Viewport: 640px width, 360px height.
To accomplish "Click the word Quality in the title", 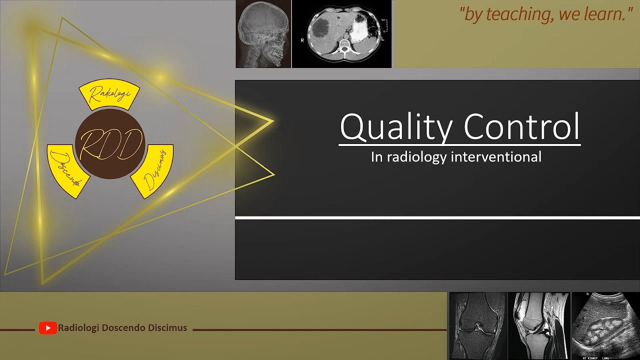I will point(394,127).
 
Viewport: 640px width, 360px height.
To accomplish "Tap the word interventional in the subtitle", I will point(496,157).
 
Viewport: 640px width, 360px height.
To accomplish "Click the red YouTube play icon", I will point(47,328).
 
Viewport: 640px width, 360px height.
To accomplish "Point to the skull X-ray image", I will point(263,34).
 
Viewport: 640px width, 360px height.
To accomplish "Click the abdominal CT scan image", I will point(341,34).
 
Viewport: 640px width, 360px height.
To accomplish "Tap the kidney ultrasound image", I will point(605,326).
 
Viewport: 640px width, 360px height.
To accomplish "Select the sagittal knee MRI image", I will point(539,326).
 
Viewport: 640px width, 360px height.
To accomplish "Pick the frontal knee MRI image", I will point(478,326).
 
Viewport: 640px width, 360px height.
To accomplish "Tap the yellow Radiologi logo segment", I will point(109,95).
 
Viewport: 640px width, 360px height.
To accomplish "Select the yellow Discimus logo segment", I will point(153,170).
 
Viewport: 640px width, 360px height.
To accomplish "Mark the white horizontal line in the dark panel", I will point(437,217).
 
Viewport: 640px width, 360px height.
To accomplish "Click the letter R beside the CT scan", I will point(302,40).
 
